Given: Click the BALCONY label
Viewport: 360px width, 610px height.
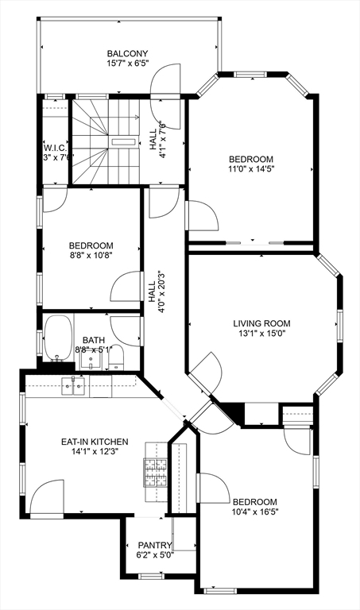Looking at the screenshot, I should tap(128, 53).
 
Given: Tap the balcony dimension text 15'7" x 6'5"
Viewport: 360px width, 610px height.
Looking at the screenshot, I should tap(128, 63).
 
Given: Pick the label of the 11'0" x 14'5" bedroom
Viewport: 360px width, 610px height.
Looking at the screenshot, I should tap(251, 158).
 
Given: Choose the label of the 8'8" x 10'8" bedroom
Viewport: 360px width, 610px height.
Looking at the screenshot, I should tap(91, 245).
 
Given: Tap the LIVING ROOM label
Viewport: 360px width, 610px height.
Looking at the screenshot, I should tap(261, 323).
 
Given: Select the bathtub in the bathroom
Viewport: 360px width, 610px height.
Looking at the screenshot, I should tap(57, 339).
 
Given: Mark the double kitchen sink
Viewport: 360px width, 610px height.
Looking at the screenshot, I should tap(74, 387).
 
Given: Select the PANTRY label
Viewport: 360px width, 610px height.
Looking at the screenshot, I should tap(154, 545).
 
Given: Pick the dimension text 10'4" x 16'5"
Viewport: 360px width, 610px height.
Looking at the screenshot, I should tap(254, 512).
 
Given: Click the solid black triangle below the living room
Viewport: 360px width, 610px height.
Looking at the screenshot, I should tap(232, 412).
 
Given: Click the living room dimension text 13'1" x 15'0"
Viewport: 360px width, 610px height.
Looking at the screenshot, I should tap(261, 334).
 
